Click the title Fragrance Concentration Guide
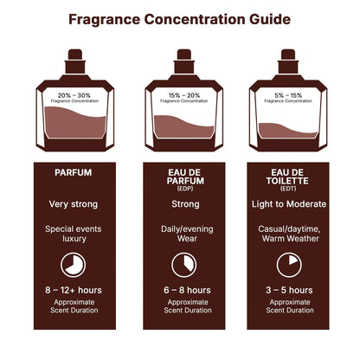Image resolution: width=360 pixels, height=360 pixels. tap(180, 18)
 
